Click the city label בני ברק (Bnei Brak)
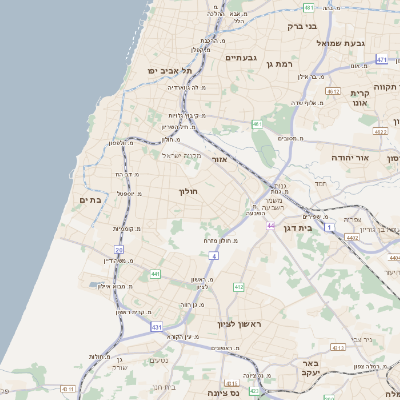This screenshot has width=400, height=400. point(301,26)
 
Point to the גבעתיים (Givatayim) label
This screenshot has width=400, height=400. point(242,58)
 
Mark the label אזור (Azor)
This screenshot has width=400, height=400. point(221,158)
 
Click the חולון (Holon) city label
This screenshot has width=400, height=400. point(189,190)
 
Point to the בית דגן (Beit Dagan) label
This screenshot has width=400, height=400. point(293,229)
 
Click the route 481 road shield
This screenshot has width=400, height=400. point(308,7)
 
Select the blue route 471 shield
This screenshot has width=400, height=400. point(381,60)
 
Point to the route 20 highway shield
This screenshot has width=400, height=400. point(119,250)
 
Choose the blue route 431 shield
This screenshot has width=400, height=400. point(157,327)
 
